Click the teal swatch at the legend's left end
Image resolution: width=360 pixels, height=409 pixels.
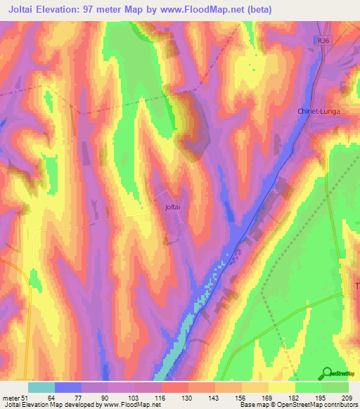[x=41, y=388]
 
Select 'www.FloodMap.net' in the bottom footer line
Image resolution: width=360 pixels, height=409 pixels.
[x=134, y=405]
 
